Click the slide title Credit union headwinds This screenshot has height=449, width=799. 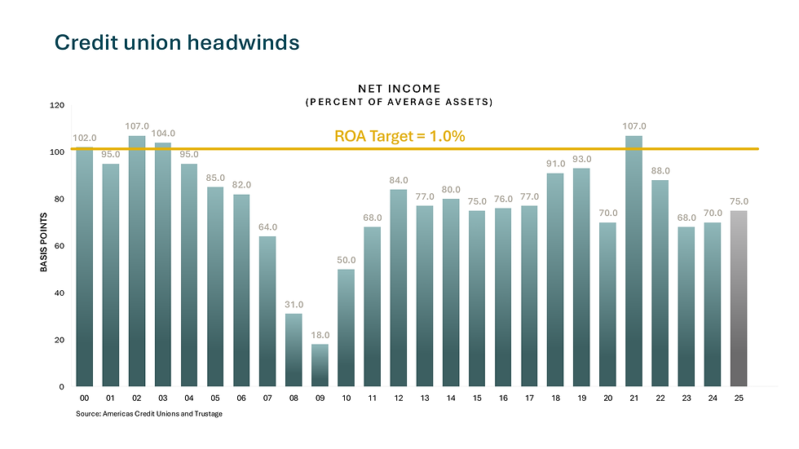pos(176,42)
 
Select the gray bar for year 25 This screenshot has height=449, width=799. pos(738,298)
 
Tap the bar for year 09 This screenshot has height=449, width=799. pos(320,365)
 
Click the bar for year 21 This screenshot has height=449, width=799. pos(633,261)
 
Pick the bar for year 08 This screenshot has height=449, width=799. pos(294,350)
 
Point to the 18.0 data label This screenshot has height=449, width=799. pos(320,335)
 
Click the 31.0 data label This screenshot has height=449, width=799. pos(294,305)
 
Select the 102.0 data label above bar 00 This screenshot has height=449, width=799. pos(84,139)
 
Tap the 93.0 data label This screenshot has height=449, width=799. pos(581,159)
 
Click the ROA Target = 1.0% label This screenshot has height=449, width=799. pos(399,136)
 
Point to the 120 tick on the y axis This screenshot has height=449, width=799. pos(57,106)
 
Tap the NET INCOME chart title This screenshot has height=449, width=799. pos(399,87)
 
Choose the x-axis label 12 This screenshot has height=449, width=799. pos(398,398)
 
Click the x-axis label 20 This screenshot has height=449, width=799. pos(607,398)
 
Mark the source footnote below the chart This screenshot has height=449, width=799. pos(148,414)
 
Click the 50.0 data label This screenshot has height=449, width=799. pos(346,260)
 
